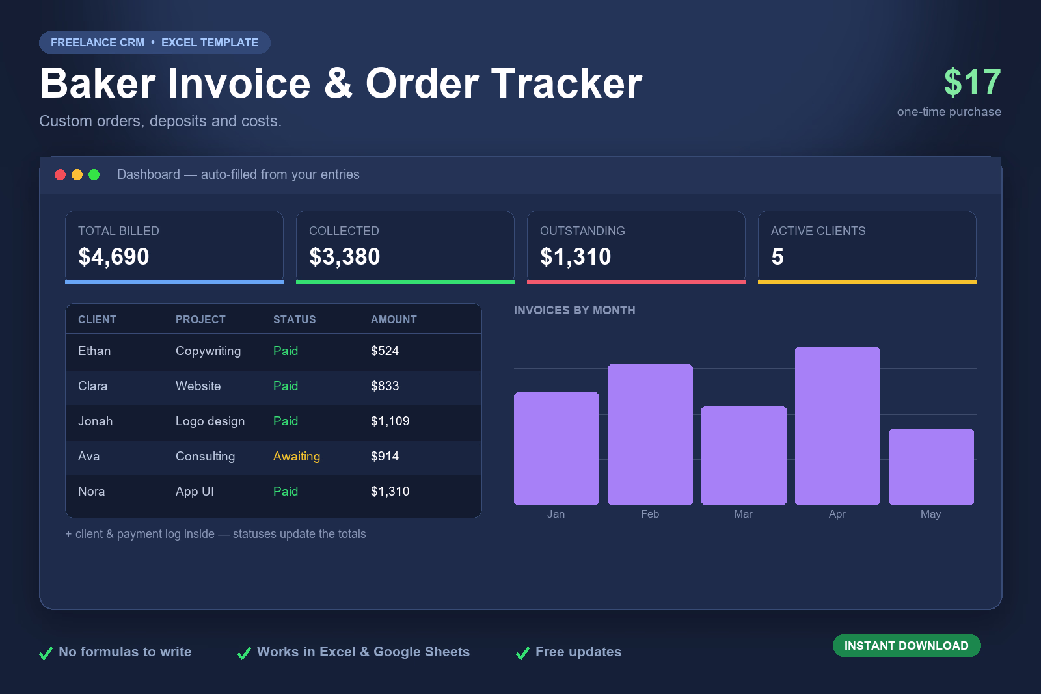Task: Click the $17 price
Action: click(972, 82)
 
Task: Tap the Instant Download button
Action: click(907, 646)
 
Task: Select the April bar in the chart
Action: click(837, 425)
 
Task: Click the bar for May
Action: click(931, 467)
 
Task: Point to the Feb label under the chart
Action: click(650, 514)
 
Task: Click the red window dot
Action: click(60, 175)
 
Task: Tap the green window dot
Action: click(94, 175)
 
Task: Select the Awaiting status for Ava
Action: click(297, 456)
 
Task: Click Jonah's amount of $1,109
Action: click(390, 421)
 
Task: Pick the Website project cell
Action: click(198, 386)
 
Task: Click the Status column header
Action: click(294, 319)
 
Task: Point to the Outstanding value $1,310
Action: click(575, 256)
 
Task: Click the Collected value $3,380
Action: click(344, 256)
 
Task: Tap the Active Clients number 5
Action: click(777, 256)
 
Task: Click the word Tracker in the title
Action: click(567, 84)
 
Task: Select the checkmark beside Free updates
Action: click(523, 652)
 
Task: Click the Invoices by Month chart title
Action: click(575, 310)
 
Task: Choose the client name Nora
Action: click(91, 492)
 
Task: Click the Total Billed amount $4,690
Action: click(113, 256)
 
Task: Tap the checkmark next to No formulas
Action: click(46, 652)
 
